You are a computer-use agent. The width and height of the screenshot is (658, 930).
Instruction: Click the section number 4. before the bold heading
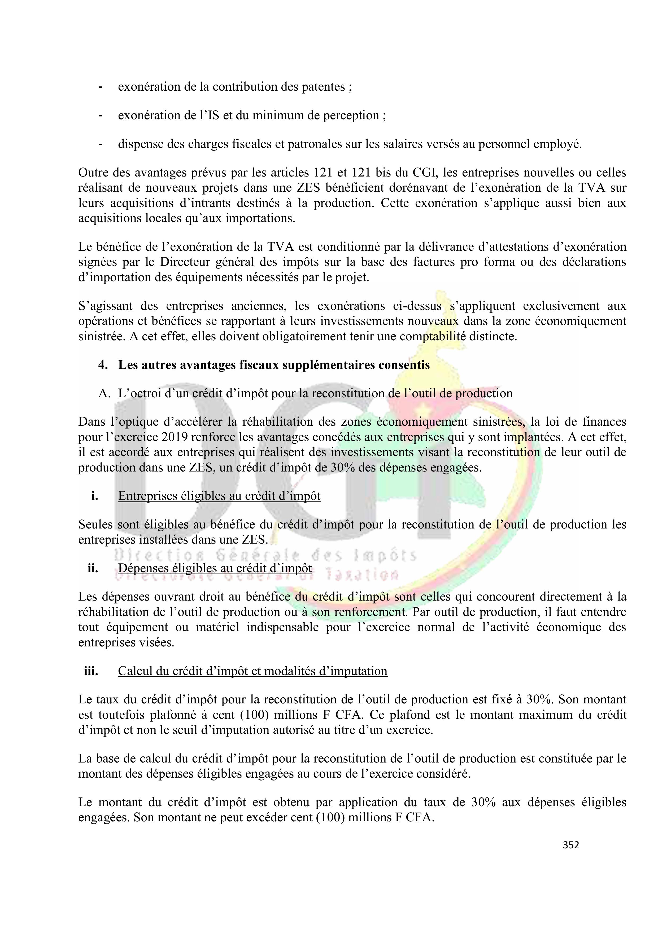[x=103, y=365]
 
